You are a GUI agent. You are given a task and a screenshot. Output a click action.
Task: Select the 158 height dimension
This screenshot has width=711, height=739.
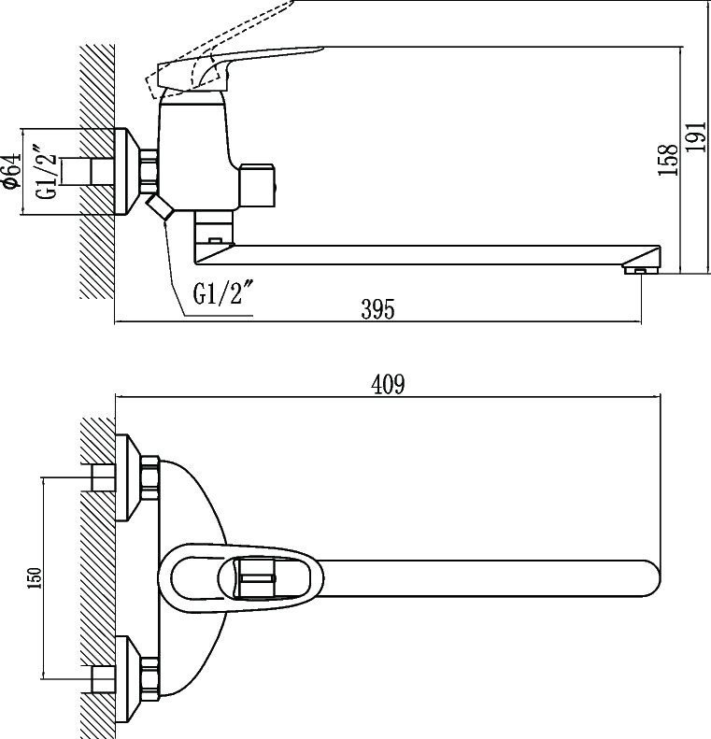667,160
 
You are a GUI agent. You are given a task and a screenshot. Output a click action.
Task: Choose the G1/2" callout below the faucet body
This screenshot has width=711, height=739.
223,293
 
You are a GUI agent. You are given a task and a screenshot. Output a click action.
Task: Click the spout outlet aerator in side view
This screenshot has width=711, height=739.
638,270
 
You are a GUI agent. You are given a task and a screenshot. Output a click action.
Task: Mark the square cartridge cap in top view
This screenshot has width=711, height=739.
254,577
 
